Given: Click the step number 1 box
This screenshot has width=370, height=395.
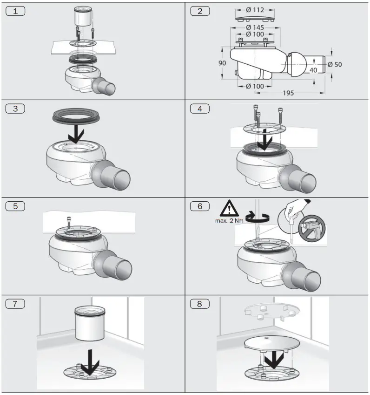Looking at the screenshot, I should (x=15, y=11).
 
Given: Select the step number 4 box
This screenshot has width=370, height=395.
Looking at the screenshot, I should (x=200, y=109).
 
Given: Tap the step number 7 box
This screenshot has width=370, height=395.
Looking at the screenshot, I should (x=15, y=304).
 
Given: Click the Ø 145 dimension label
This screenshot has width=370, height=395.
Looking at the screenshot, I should (x=255, y=27).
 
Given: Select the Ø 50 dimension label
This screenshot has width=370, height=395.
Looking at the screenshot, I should (x=334, y=64).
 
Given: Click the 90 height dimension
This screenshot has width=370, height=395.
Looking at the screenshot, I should (x=222, y=63).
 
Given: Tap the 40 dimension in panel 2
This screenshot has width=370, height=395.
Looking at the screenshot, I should (x=313, y=70).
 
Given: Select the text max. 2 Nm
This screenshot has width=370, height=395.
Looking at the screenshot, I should (x=229, y=221).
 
